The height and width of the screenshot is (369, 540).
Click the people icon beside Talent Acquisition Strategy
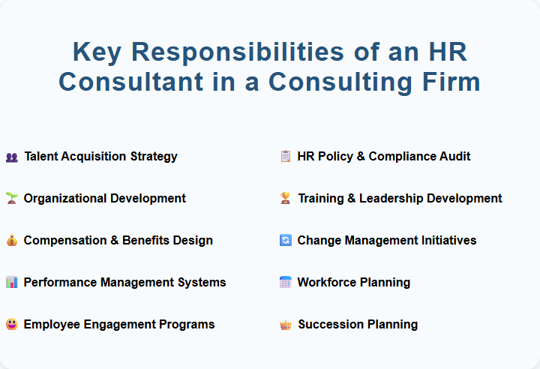[11, 157]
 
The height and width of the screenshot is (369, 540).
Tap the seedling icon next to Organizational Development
[11, 199]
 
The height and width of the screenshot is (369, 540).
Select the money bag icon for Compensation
[11, 241]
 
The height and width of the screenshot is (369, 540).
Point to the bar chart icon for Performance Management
[11, 283]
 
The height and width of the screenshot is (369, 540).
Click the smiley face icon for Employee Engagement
[11, 325]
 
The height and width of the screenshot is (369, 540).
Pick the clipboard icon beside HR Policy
[285, 157]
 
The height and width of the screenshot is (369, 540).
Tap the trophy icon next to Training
[285, 199]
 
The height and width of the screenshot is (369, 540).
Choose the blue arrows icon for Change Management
[285, 241]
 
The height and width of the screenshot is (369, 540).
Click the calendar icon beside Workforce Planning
[285, 283]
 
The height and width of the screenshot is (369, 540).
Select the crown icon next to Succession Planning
[285, 325]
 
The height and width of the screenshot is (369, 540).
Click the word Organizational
[65, 199]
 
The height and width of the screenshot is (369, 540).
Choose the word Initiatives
[448, 241]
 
